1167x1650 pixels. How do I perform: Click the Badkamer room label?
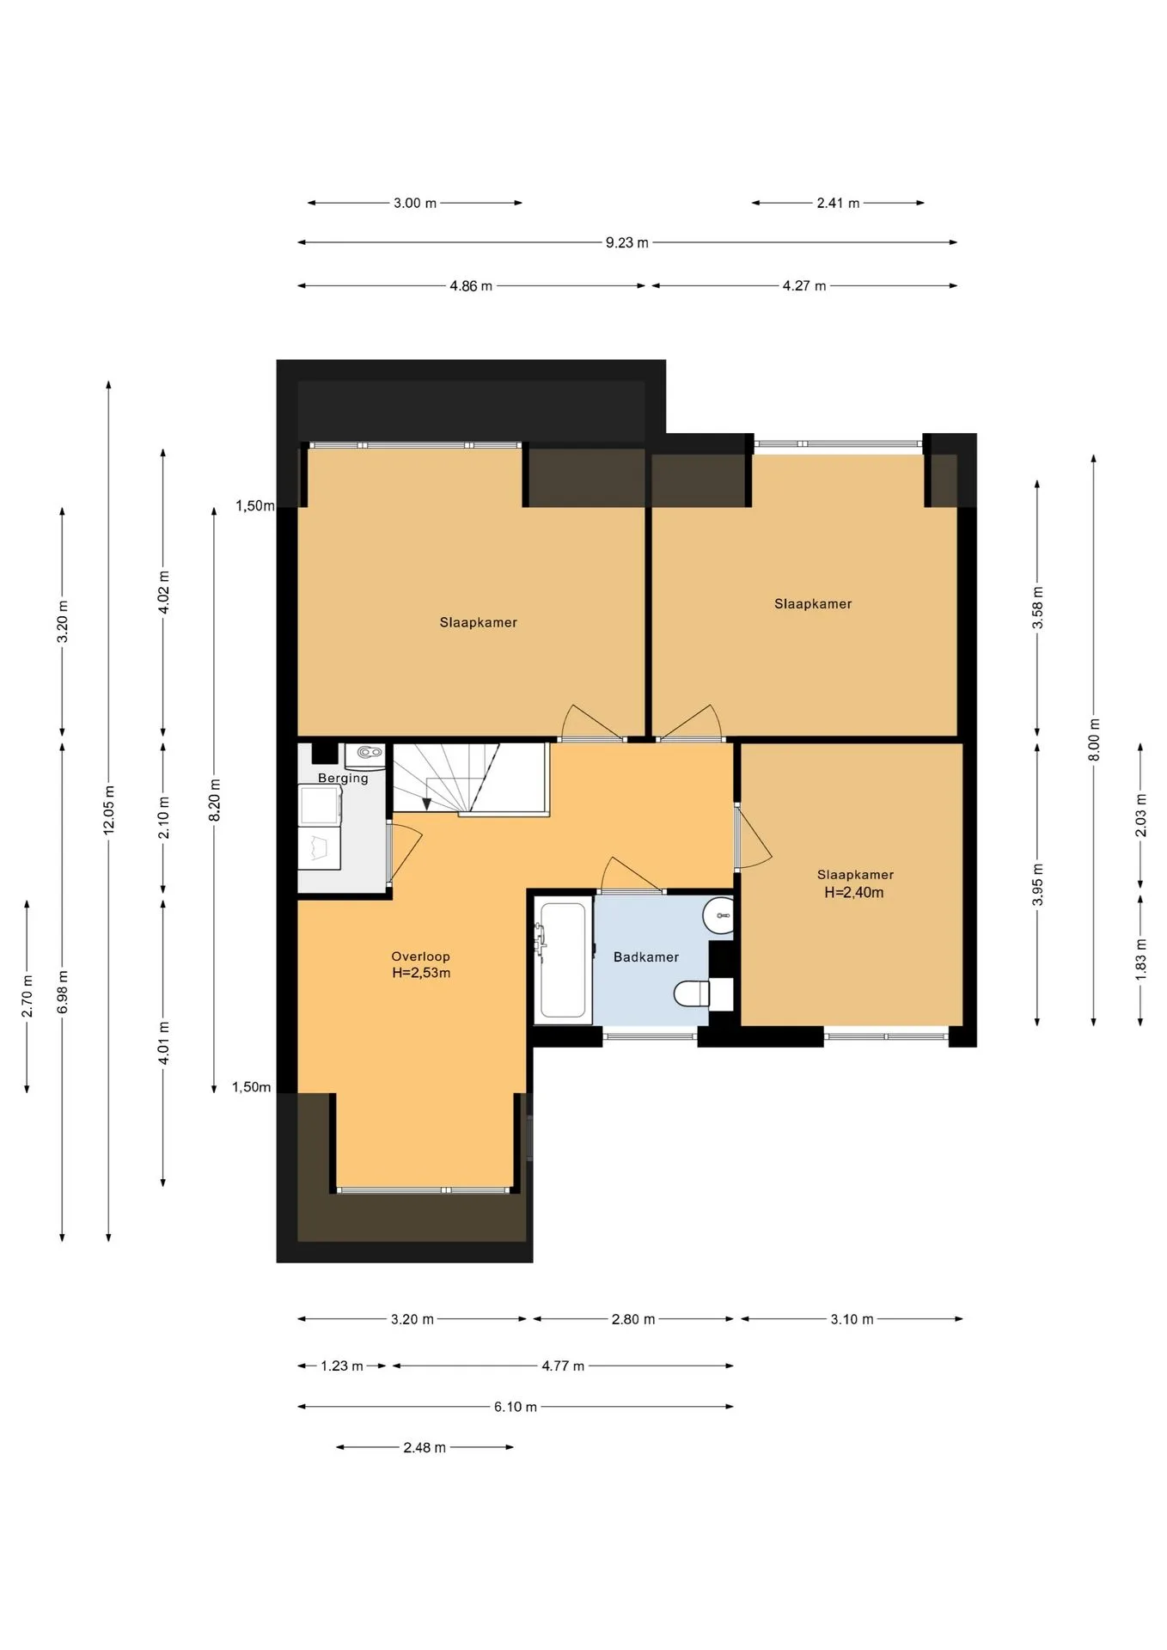(x=645, y=956)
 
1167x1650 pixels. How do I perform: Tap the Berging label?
(x=343, y=778)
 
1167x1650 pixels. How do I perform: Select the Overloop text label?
(x=420, y=956)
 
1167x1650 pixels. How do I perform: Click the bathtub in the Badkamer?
(x=563, y=960)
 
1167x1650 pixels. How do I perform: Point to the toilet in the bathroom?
(x=693, y=994)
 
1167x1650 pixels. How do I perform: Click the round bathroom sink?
(x=719, y=915)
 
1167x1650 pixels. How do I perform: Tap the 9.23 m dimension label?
(x=626, y=242)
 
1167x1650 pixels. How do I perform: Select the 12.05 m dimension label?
(x=109, y=810)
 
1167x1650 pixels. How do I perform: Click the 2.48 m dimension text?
(x=425, y=1447)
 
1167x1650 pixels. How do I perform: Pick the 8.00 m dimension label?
(x=1094, y=739)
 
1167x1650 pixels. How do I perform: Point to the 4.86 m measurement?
(x=471, y=285)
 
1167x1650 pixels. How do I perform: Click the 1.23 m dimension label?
(x=342, y=1366)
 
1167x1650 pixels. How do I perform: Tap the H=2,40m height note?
(x=854, y=892)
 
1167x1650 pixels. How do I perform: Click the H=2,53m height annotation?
(x=421, y=973)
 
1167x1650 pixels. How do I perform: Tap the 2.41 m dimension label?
(x=838, y=203)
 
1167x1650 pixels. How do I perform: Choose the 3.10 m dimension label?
(x=852, y=1319)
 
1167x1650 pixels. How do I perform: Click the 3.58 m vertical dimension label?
(x=1037, y=608)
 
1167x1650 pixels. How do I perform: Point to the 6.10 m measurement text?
(x=515, y=1407)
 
